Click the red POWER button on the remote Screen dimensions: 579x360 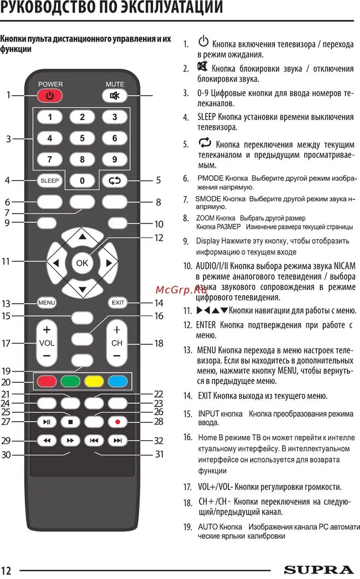click(x=50, y=96)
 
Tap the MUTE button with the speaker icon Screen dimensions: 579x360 click(x=115, y=96)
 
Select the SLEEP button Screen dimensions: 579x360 click(x=50, y=181)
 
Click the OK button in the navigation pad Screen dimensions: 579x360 click(x=82, y=263)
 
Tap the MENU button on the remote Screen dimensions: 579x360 click(x=46, y=303)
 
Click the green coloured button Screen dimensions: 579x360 click(x=70, y=381)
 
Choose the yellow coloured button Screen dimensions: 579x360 click(x=94, y=381)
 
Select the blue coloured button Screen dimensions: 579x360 click(x=117, y=381)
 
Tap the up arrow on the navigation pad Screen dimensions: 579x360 click(x=82, y=237)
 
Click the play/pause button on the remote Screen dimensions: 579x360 click(x=46, y=422)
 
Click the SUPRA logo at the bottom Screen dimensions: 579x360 click(x=318, y=570)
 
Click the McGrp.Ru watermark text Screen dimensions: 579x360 click(x=178, y=289)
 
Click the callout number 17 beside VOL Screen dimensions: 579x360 click(x=6, y=344)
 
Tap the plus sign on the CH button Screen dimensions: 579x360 click(x=117, y=330)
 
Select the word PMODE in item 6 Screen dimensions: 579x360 click(x=210, y=179)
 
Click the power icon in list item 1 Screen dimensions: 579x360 click(x=203, y=42)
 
